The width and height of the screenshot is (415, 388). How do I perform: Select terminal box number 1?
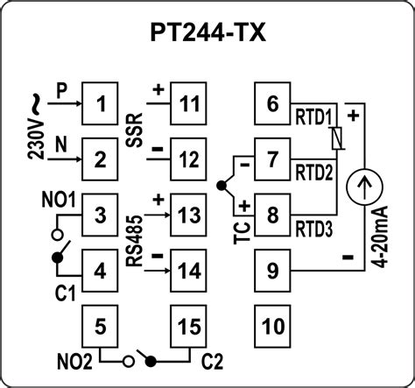coord(102,108)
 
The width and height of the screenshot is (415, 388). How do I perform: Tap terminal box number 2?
coord(102,159)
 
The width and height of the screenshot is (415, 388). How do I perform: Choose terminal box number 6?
coord(272,106)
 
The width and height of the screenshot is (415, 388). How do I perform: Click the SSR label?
coord(137,129)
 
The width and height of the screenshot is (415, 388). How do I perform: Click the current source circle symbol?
coord(361,185)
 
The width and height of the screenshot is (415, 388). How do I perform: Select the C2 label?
coord(213,359)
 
